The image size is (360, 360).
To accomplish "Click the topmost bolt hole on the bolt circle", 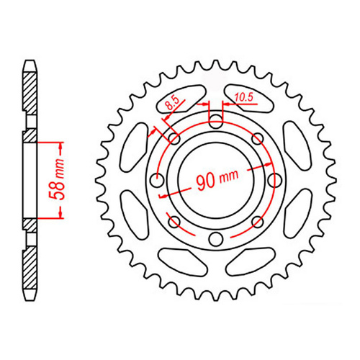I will (214, 120).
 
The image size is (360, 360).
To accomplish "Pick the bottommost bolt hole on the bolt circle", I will (214, 238).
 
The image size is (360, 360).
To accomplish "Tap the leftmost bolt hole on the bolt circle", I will (155, 179).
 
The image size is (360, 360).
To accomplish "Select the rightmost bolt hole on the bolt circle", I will (272, 179).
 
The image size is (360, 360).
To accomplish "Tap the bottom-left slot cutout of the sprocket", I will (180, 261).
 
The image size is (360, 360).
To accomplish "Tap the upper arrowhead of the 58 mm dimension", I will (58, 143).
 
